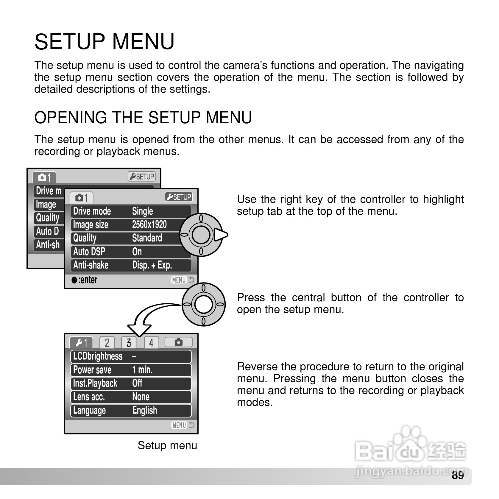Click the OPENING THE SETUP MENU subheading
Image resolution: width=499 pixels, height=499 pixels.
pos(143,117)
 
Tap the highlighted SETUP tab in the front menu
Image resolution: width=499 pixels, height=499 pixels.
pos(179,197)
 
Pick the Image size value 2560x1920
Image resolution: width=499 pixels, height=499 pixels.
pos(149,224)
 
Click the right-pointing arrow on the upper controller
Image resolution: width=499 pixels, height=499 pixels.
pos(221,235)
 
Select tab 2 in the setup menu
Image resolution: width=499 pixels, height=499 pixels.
pos(107,343)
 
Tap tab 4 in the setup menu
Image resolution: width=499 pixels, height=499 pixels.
pos(151,343)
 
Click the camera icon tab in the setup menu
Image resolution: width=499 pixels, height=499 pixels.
pos(178,342)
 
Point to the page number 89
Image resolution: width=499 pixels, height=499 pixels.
pos(458,475)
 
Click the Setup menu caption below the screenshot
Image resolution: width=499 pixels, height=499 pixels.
pos(167,445)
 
